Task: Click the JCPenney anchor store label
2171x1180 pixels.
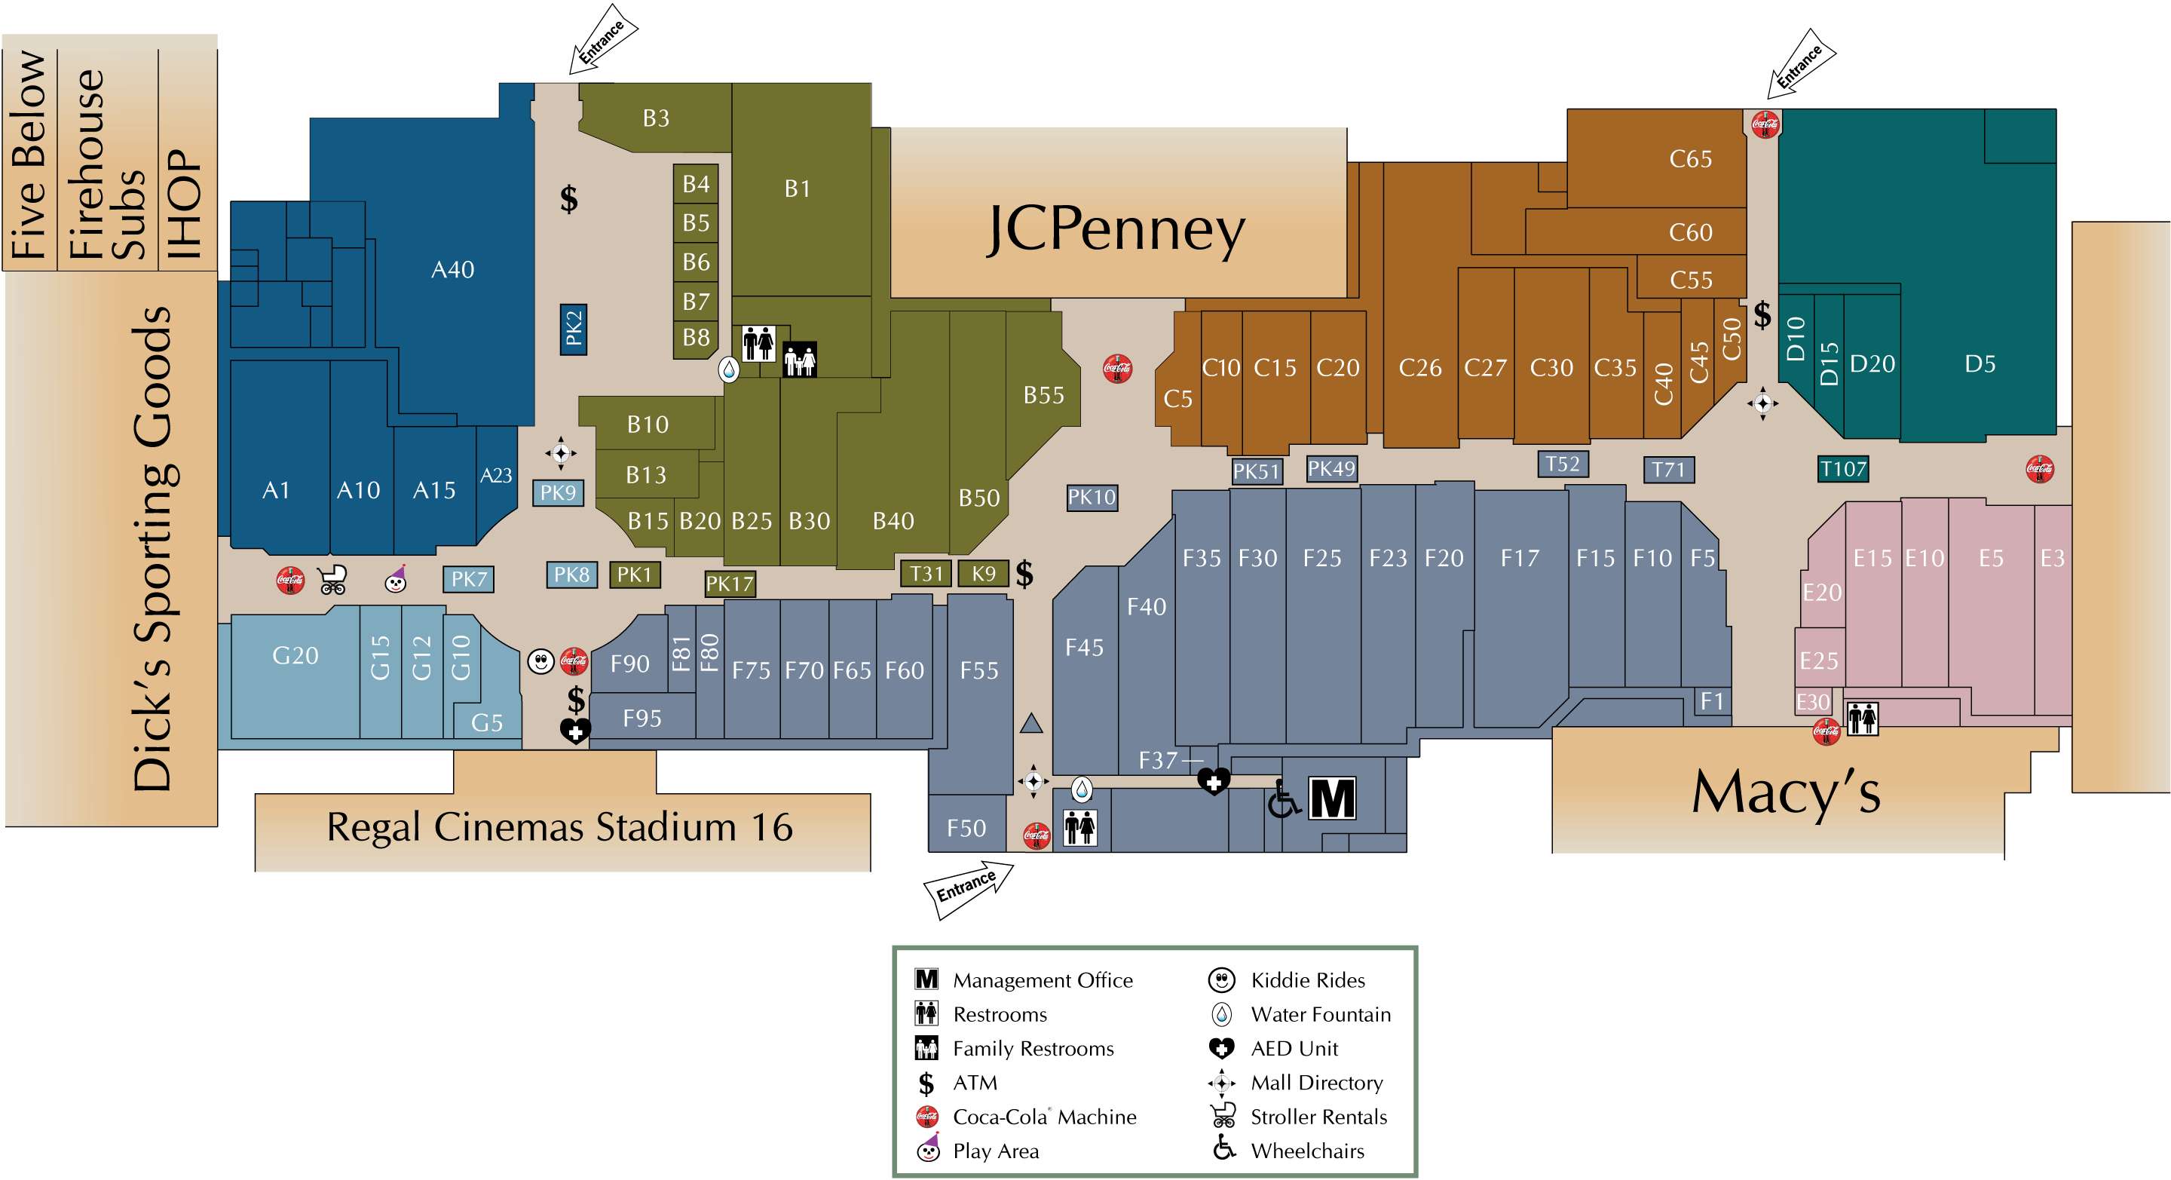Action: coord(1116,229)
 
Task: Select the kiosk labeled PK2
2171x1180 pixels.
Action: coord(573,329)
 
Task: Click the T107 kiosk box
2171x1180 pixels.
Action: coord(1843,469)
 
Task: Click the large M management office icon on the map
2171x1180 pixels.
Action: coord(1333,798)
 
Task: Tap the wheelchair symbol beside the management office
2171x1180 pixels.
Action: coord(1284,799)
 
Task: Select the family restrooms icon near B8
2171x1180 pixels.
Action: coord(800,360)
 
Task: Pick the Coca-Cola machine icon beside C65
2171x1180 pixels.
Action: coord(1765,124)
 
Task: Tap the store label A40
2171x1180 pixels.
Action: coord(452,270)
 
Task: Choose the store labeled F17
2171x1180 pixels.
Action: coord(1520,558)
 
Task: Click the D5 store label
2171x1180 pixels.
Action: coord(1980,364)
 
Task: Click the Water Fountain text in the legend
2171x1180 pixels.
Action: coord(1321,1015)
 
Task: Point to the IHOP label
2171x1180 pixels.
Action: coord(185,204)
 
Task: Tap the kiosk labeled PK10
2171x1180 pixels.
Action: coord(1092,498)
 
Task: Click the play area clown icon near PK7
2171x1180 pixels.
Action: coord(396,579)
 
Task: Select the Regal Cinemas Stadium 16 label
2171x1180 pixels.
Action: coord(559,827)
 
